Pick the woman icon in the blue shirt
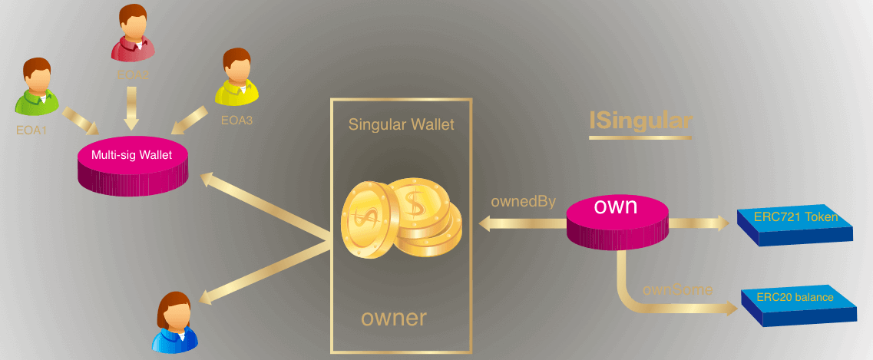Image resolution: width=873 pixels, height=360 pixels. pyautogui.click(x=174, y=325)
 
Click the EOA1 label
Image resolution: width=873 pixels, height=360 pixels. pyautogui.click(x=31, y=130)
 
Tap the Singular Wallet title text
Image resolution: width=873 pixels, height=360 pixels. pyautogui.click(x=400, y=124)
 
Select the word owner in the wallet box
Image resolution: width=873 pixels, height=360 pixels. pyautogui.click(x=393, y=317)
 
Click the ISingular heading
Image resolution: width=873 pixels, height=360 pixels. pyautogui.click(x=640, y=121)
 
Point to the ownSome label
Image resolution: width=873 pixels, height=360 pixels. pyautogui.click(x=677, y=290)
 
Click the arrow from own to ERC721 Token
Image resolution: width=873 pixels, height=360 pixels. pyautogui.click(x=699, y=223)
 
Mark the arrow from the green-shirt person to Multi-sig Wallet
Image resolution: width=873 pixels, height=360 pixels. pyautogui.click(x=80, y=120)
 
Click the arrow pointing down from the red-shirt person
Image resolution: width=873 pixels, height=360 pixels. pyautogui.click(x=131, y=108)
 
